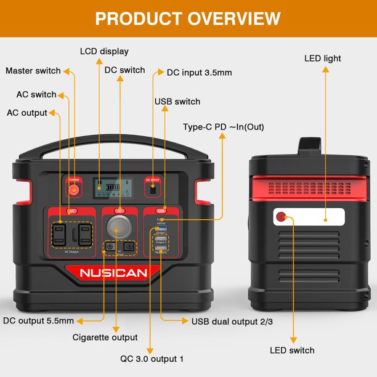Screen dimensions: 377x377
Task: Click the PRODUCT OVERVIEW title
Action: [188, 18]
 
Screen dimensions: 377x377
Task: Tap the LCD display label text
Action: [105, 51]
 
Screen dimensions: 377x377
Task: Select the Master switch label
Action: [33, 71]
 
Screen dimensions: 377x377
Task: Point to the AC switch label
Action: [36, 94]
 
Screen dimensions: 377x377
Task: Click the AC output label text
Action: [26, 113]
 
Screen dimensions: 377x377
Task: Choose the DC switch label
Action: [125, 70]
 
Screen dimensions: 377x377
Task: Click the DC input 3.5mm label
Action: [199, 72]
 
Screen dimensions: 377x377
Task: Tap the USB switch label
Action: [177, 101]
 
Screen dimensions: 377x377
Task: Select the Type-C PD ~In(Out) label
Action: [223, 127]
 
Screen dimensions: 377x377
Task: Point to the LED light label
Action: [322, 59]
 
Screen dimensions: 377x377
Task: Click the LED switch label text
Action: [292, 350]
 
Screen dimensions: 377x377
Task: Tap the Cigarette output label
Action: [105, 337]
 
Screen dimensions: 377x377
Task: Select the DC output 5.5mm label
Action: [38, 320]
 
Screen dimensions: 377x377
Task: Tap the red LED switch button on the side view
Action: [282, 217]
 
